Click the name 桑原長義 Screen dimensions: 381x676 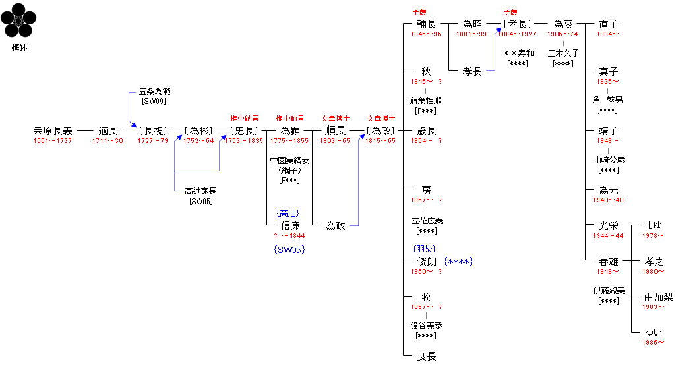click(53, 131)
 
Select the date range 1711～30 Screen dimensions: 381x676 click(108, 141)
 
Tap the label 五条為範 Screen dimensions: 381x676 click(154, 92)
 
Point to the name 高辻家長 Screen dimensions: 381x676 click(200, 191)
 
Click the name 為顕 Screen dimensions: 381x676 click(290, 131)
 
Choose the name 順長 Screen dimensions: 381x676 click(335, 131)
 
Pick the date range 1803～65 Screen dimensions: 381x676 click(335, 141)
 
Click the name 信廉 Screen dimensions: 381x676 click(290, 226)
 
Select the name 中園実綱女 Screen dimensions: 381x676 click(290, 160)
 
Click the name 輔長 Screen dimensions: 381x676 click(426, 24)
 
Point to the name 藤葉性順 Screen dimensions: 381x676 click(426, 101)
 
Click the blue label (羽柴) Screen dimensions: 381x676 click(423, 249)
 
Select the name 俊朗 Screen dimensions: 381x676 click(426, 262)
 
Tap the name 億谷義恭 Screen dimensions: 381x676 click(426, 326)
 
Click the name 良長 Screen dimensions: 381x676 click(426, 357)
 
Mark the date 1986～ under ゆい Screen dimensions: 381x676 click(654, 342)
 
